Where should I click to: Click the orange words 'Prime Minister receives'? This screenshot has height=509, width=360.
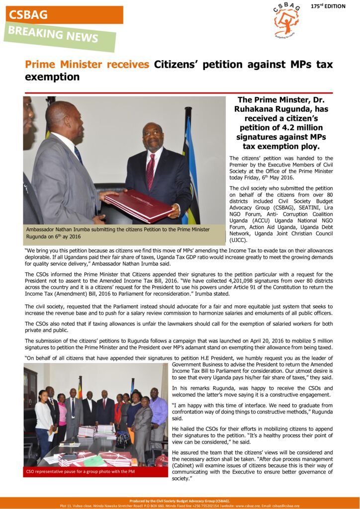(x=87, y=65)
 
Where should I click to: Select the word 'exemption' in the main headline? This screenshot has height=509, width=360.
(x=52, y=77)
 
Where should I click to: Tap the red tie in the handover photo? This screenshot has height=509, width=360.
(x=150, y=171)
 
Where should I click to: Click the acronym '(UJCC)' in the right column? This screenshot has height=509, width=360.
(x=238, y=240)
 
